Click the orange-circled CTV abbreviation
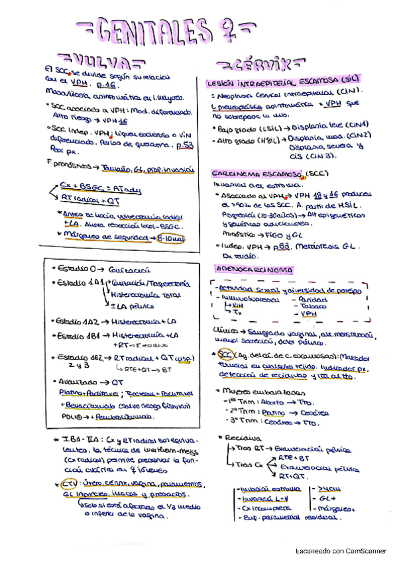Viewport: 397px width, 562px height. point(68,482)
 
